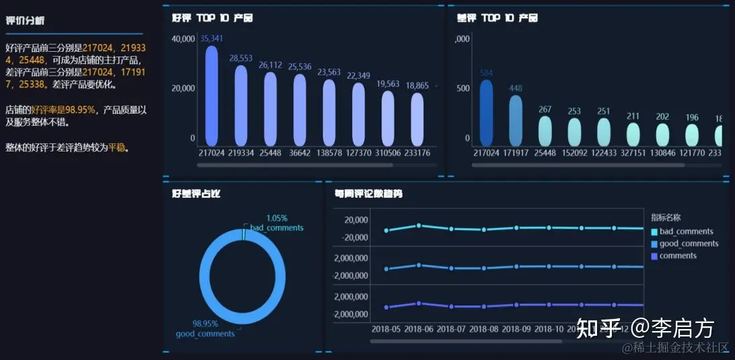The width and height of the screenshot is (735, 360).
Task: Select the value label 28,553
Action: click(x=241, y=59)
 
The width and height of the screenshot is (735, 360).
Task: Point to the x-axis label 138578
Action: click(x=330, y=153)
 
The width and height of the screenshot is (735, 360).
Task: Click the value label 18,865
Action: click(x=417, y=85)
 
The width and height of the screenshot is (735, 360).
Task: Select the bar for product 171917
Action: click(x=516, y=120)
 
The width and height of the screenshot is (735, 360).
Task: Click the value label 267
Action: click(x=545, y=110)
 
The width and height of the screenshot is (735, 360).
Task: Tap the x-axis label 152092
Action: click(x=574, y=153)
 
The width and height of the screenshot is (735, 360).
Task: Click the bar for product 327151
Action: click(x=633, y=135)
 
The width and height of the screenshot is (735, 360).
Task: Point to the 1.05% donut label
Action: click(x=277, y=218)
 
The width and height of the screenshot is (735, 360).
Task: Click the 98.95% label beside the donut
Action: click(x=205, y=324)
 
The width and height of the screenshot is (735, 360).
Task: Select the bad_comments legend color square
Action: click(x=654, y=232)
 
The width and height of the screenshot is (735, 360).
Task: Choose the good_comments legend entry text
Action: click(x=689, y=244)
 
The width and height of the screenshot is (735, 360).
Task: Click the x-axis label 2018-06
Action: click(x=419, y=329)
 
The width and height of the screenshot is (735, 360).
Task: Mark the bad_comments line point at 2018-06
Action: click(x=419, y=225)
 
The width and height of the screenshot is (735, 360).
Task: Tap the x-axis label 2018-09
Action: click(x=516, y=329)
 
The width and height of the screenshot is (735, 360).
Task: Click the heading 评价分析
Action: click(x=25, y=21)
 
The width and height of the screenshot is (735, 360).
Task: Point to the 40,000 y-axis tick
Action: click(x=183, y=39)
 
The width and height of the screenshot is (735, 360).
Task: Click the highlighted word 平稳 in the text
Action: click(x=117, y=148)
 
